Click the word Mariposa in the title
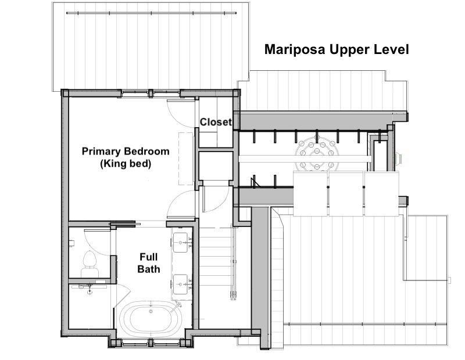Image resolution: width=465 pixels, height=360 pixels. coord(295,49)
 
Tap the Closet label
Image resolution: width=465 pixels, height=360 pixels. coord(216,122)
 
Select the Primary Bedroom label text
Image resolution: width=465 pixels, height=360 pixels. coord(126,151)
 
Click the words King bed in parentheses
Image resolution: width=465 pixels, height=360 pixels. coord(126,164)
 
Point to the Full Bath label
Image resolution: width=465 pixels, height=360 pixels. coord(149,263)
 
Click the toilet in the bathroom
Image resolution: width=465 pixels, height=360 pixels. coord(90,264)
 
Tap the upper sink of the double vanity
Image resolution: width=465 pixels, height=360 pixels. coord(180,242)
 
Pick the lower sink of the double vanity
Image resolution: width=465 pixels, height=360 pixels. coord(180,284)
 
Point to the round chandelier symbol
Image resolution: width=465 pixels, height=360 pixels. coord(317,153)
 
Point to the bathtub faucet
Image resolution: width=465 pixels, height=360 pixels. coord(177,306)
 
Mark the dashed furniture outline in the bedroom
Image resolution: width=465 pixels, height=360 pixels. coord(186,159)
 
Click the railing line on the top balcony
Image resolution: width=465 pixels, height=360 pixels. coord(152,13)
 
